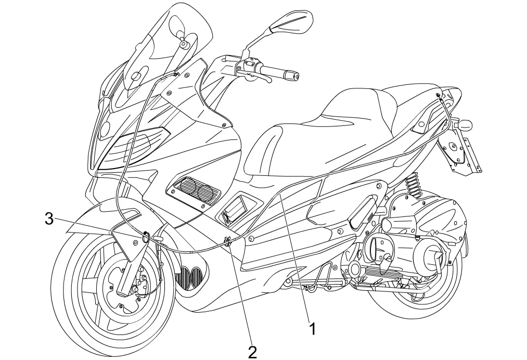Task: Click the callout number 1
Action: [313, 328]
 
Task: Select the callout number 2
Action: [252, 352]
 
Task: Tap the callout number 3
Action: [48, 218]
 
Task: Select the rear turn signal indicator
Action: [462, 125]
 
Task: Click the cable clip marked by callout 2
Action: [228, 241]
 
